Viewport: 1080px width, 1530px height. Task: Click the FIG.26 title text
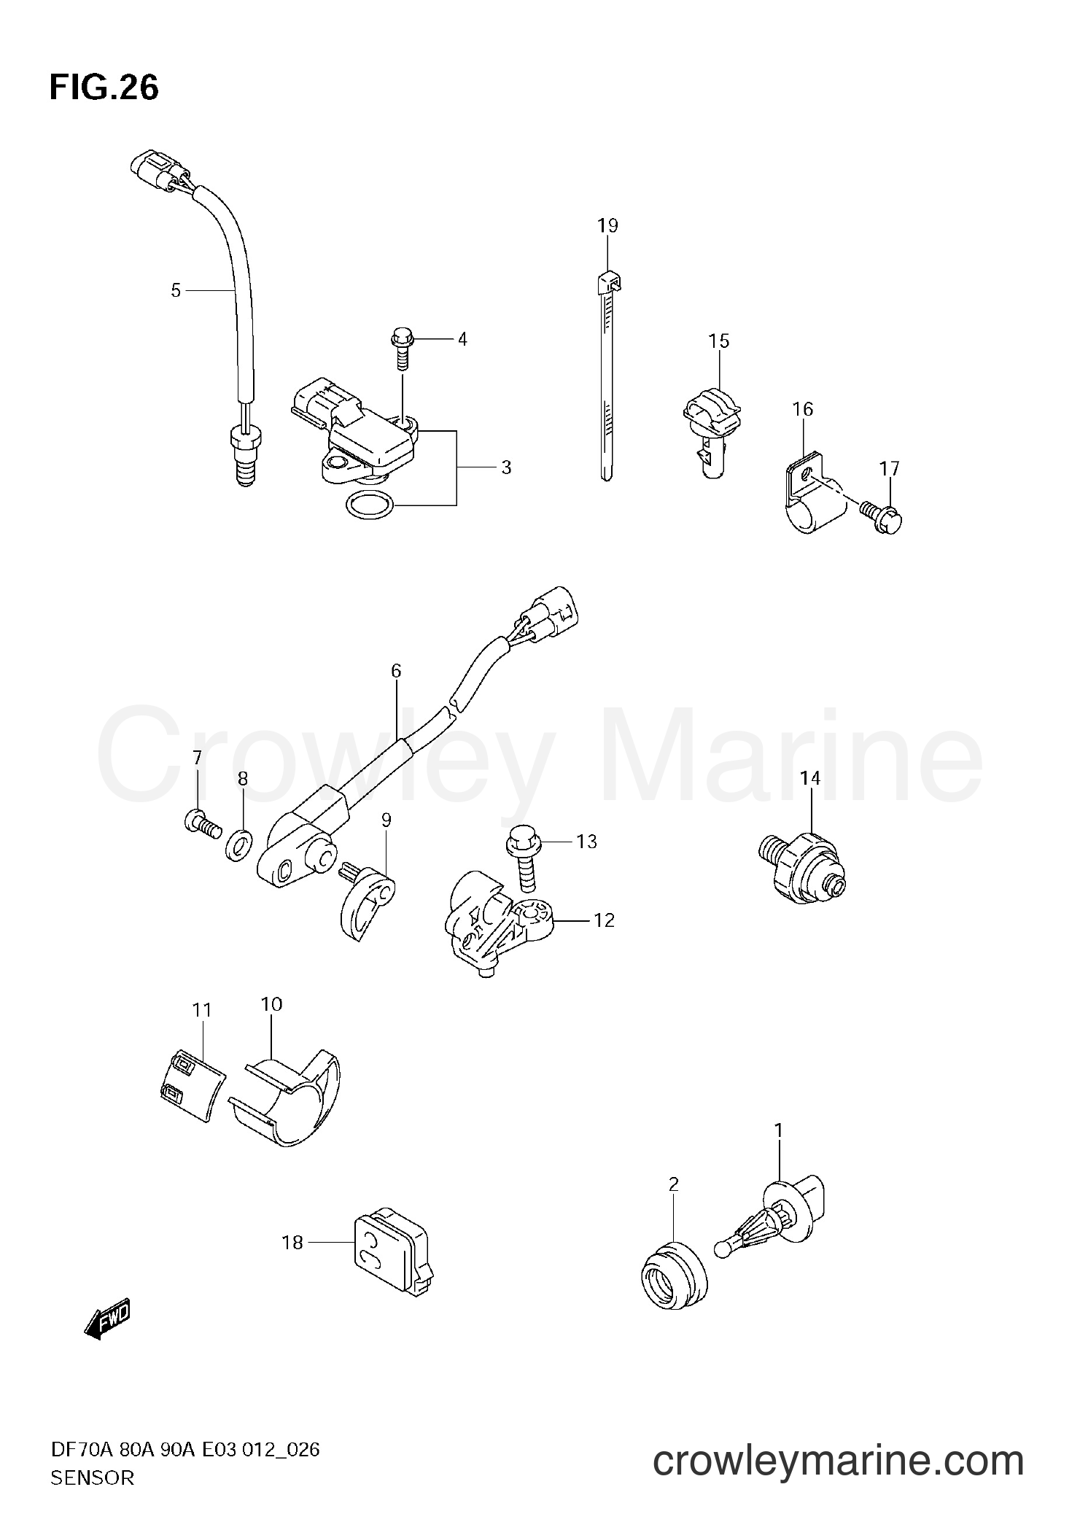104,89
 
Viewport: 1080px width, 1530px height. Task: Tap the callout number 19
607,226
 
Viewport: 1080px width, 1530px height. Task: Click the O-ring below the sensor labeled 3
368,505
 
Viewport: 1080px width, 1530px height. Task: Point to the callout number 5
176,291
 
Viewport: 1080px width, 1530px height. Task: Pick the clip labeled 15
708,435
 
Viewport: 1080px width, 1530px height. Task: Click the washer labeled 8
238,845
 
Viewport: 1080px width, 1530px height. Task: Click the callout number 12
604,921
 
